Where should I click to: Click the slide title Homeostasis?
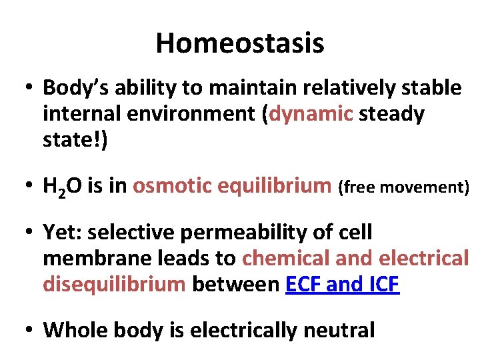pyautogui.click(x=240, y=43)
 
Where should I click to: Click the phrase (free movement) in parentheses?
pyautogui.click(x=404, y=188)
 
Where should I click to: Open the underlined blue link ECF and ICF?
pyautogui.click(x=341, y=285)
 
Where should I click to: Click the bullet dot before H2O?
pyautogui.click(x=30, y=187)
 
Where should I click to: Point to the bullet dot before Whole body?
pyautogui.click(x=30, y=329)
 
